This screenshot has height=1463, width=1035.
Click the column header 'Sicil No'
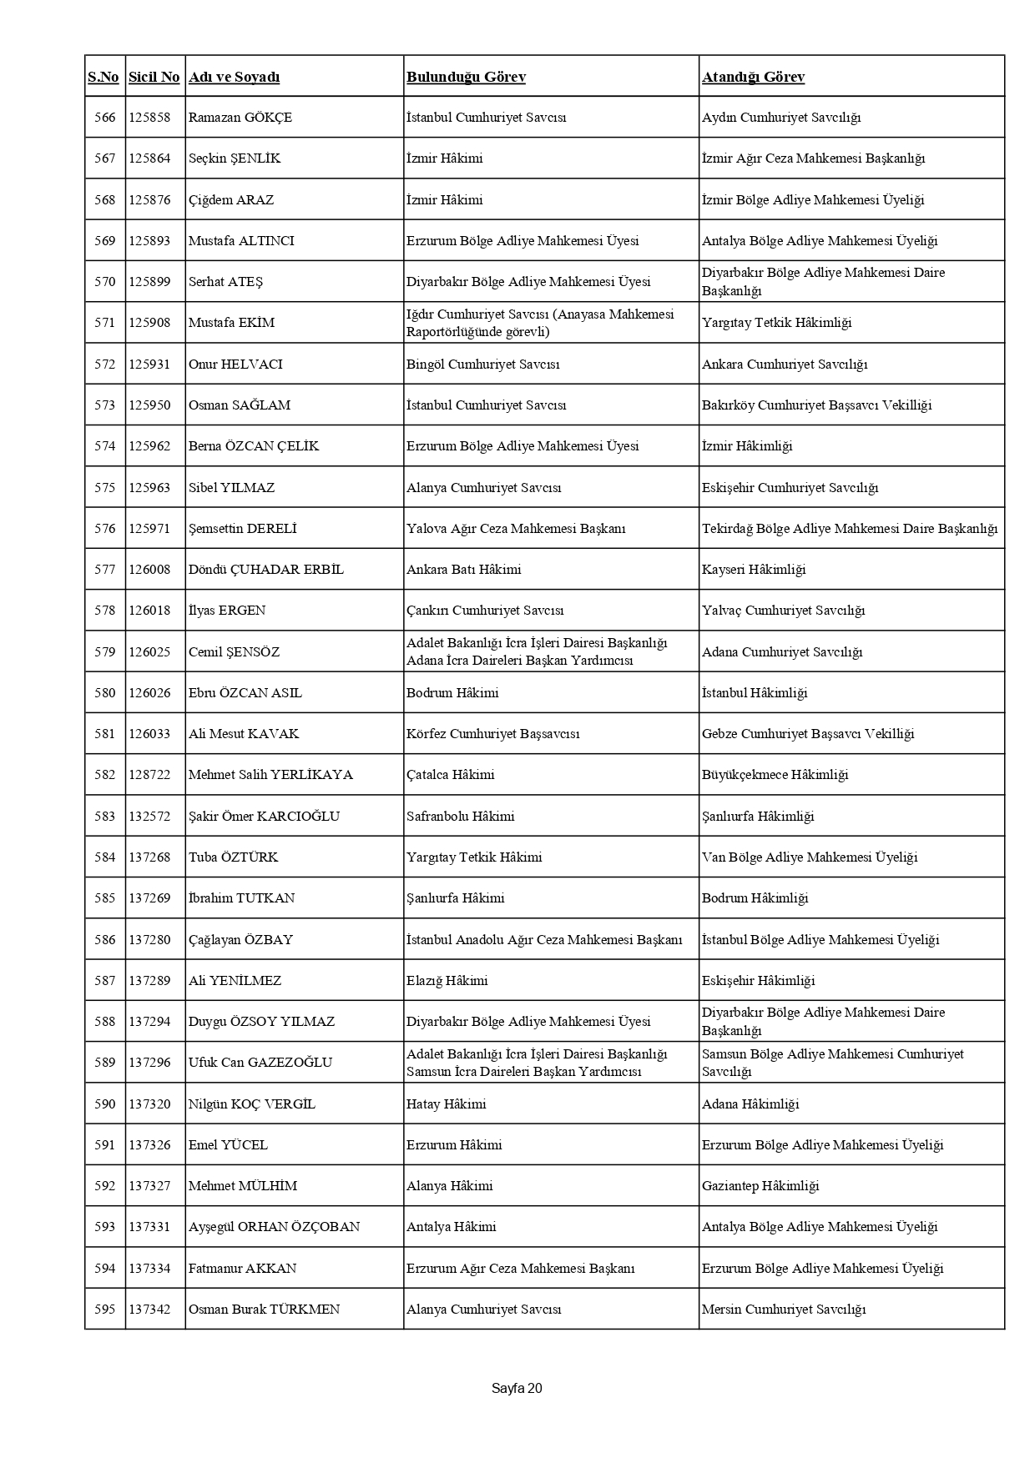tap(154, 77)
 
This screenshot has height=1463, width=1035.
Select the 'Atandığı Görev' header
tap(753, 77)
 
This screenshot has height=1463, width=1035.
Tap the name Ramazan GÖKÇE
tap(240, 118)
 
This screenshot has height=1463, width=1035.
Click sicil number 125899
tap(149, 282)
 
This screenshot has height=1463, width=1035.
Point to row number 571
tap(105, 323)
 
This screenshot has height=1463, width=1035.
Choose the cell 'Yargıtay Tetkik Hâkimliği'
tap(776, 323)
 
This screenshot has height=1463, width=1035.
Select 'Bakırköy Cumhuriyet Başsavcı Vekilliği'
tap(816, 405)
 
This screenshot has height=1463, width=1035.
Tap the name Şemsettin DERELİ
tap(242, 529)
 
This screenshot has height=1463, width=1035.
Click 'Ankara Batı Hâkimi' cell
tap(463, 570)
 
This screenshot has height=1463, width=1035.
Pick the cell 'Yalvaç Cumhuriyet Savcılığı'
tap(783, 611)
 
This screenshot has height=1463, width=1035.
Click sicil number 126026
tap(149, 693)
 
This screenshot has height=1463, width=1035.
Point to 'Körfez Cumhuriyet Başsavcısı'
tap(492, 734)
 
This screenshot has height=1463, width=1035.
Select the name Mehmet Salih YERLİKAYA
tap(270, 775)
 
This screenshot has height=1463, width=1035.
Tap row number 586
tap(105, 940)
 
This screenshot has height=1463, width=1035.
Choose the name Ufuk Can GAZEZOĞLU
tap(260, 1063)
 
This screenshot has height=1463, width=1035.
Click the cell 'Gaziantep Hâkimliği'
tap(760, 1186)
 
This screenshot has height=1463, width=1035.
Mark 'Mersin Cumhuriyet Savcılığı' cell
tap(784, 1310)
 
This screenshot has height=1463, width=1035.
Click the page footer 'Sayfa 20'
tap(517, 1389)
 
